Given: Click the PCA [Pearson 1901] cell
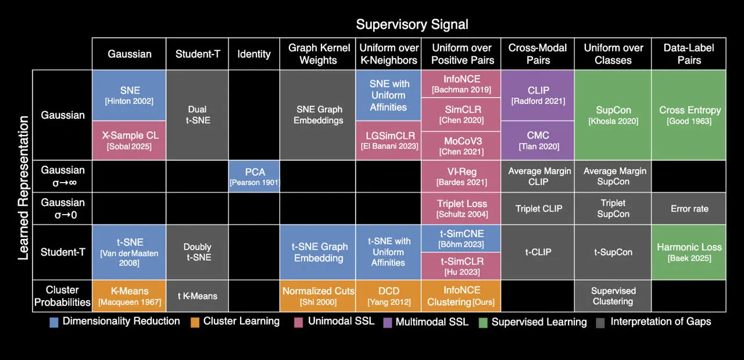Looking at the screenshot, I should (254, 176).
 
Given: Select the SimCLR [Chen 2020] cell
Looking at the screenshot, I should (461, 115).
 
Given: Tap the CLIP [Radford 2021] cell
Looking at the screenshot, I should (538, 95).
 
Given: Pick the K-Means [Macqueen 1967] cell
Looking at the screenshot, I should (129, 296).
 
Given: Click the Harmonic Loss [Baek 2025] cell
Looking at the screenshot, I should (689, 252).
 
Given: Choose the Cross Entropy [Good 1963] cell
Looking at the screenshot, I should (689, 115).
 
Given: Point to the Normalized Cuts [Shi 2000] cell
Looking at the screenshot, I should (318, 296).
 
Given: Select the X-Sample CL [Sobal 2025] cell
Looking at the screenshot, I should (129, 140).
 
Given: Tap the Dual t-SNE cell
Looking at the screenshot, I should (197, 115).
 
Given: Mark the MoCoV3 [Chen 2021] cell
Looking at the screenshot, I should (461, 146).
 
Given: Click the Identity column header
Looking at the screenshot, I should (254, 54).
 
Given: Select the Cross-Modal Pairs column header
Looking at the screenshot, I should (538, 54).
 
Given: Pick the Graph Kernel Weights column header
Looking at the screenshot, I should (318, 54).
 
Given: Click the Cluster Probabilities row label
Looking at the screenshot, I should (62, 296).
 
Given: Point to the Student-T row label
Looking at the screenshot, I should (62, 252).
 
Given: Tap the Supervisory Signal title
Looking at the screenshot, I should (412, 24).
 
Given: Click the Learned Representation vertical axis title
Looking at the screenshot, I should (24, 188).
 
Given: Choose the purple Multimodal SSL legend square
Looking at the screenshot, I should (387, 322).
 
